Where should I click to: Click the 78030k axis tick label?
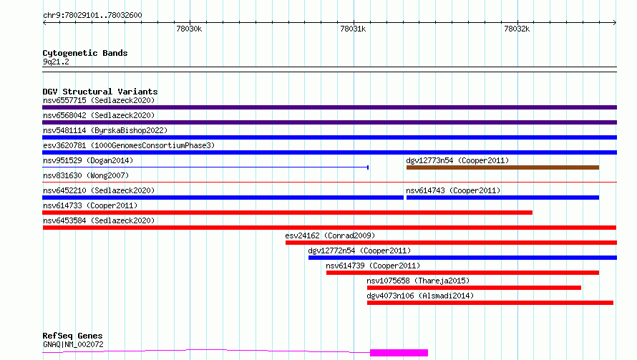pos(189,29)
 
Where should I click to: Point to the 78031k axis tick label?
pos(353,29)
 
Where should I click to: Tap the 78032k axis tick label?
pos(517,29)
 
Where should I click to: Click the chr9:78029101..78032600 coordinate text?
pos(92,16)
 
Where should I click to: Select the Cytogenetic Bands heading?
pos(85,53)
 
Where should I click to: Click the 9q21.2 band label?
pos(56,62)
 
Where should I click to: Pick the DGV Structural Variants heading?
pos(100,92)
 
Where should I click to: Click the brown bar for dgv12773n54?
pos(502,167)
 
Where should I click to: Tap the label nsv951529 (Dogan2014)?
pos(88,160)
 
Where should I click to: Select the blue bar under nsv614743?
pos(502,198)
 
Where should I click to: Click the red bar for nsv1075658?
pos(474,288)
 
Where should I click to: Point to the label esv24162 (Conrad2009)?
pos(330,235)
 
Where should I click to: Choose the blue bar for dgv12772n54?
pos(462,258)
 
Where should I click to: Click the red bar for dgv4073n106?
pos(490,303)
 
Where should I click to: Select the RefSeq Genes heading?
pos(73,336)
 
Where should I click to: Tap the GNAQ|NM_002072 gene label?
pos(73,344)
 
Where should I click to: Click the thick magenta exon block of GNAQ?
pos(399,353)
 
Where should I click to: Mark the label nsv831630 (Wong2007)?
pos(86,175)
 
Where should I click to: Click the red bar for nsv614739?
pos(462,273)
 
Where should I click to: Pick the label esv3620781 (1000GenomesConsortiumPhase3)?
pos(129,145)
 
